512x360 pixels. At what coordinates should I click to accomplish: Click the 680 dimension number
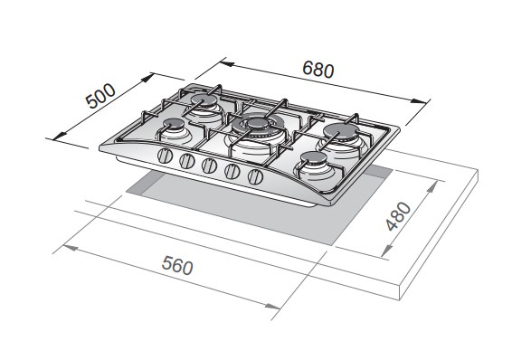318,70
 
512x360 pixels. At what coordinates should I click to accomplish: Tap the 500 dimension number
100,96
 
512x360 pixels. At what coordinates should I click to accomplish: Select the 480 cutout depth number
398,216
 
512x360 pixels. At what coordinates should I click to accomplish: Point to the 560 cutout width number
177,265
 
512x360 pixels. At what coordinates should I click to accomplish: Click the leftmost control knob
165,156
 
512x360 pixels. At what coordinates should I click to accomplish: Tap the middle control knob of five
209,166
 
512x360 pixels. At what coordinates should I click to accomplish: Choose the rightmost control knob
255,177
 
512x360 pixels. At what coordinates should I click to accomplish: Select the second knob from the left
187,161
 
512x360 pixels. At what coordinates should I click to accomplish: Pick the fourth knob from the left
232,171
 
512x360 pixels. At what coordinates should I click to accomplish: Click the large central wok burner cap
258,123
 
